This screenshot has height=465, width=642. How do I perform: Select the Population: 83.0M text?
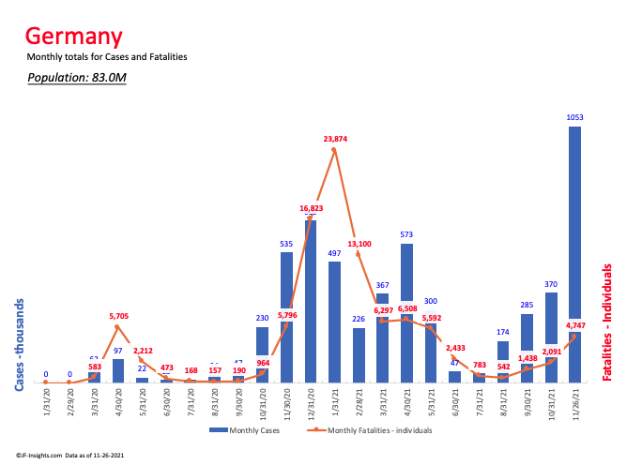pyautogui.click(x=77, y=77)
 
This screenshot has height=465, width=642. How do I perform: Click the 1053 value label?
pyautogui.click(x=574, y=117)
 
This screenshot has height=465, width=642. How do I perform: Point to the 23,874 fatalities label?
pyautogui.click(x=333, y=139)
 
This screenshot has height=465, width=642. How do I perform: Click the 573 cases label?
pyautogui.click(x=406, y=234)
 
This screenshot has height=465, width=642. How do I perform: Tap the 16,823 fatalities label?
pyautogui.click(x=312, y=208)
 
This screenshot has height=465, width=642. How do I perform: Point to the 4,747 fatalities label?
pyautogui.click(x=577, y=326)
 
